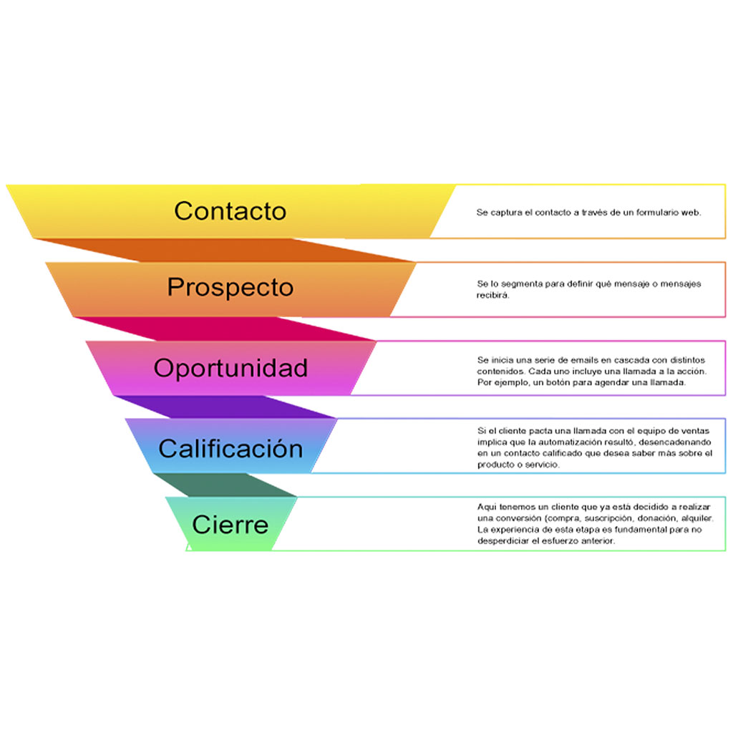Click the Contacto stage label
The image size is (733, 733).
(230, 211)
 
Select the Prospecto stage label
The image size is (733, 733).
(230, 287)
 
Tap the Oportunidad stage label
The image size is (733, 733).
(230, 368)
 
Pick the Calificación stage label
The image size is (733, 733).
(230, 449)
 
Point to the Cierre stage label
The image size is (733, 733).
(230, 525)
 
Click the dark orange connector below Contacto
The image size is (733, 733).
(236, 250)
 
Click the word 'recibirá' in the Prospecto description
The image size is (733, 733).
(492, 294)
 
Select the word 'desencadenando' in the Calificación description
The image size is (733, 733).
(674, 442)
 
